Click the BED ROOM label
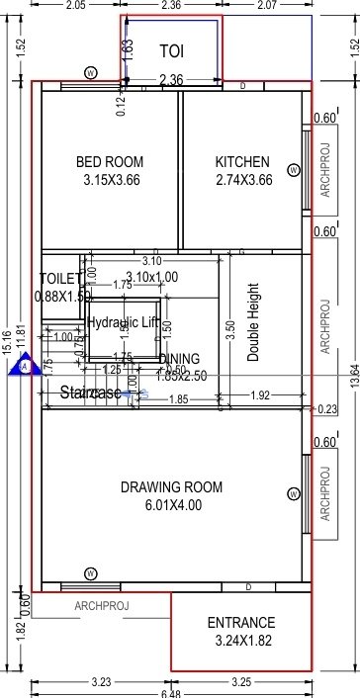tap(110, 162)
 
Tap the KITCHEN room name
tap(242, 162)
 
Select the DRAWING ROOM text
tap(171, 487)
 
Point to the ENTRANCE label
tap(241, 623)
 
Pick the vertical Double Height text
tap(253, 322)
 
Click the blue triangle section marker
tap(22, 367)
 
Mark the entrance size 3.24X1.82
tap(241, 641)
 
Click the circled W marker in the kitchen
tap(293, 170)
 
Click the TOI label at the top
tap(172, 46)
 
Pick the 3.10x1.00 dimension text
tap(151, 278)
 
